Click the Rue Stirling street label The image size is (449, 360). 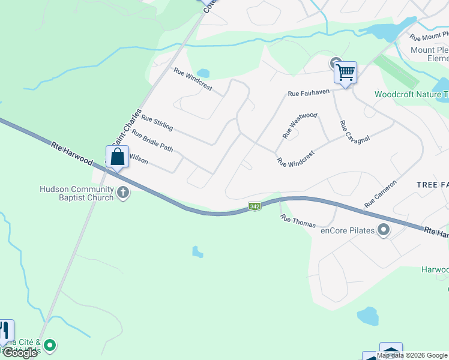pyautogui.click(x=157, y=124)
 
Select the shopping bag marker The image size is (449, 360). pyautogui.click(x=118, y=157)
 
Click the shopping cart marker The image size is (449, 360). pyautogui.click(x=345, y=73)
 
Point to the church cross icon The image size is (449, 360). pyautogui.click(x=123, y=193)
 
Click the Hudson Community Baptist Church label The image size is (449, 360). pyautogui.click(x=76, y=193)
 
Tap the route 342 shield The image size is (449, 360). pyautogui.click(x=255, y=206)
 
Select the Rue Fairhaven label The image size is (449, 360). pyautogui.click(x=310, y=94)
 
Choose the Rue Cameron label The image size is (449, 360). pyautogui.click(x=381, y=194)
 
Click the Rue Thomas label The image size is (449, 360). pyautogui.click(x=298, y=221)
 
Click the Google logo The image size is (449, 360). pyautogui.click(x=20, y=353)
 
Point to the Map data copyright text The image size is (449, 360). pyautogui.click(x=412, y=355)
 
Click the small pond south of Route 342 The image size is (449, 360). pyautogui.click(x=197, y=251)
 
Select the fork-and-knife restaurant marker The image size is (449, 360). pyautogui.click(x=5, y=332)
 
